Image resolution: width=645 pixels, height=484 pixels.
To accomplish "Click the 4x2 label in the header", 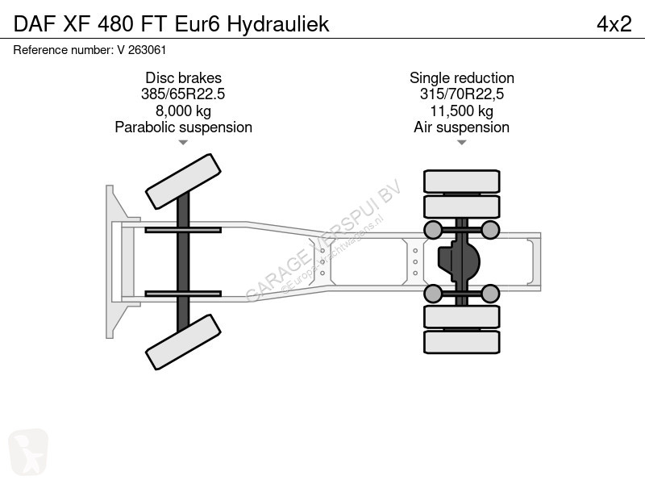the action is (614, 24).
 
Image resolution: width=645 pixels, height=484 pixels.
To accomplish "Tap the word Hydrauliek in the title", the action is (278, 25).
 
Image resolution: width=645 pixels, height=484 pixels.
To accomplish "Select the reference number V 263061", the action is (142, 50).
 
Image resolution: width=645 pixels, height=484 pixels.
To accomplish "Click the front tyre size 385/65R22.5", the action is (183, 94).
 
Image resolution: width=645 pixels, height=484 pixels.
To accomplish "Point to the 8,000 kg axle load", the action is (183, 111).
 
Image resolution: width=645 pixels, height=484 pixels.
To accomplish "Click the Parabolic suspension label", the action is (183, 127).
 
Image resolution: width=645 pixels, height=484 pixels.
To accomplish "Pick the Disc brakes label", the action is (183, 77).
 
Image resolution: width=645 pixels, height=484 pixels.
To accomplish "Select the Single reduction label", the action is (461, 77).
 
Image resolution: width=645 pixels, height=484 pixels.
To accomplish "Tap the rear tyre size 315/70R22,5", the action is (461, 94).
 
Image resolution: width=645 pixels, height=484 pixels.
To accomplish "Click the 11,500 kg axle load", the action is (461, 111).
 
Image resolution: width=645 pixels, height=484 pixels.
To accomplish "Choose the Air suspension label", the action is (461, 127).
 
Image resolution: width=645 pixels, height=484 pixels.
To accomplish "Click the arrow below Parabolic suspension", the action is (183, 143).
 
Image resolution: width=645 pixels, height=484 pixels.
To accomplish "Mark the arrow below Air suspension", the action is (461, 143).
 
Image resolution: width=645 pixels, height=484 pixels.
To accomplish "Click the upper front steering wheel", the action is (183, 181).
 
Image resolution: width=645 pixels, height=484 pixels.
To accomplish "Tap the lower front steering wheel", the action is (183, 342).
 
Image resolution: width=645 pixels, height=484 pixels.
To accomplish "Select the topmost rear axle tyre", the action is (461, 181).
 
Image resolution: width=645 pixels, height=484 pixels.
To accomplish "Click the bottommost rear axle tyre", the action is (461, 342).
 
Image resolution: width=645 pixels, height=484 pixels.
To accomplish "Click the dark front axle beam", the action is (183, 261).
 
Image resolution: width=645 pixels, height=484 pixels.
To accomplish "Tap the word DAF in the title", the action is (35, 24).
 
